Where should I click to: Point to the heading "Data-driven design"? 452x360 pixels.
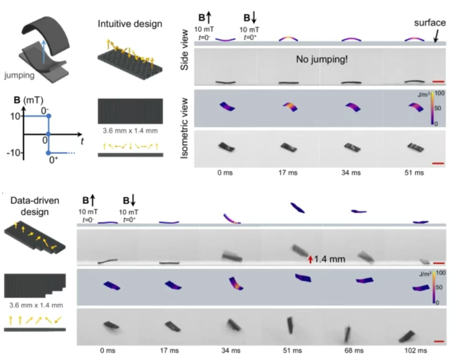(x=29, y=206)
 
